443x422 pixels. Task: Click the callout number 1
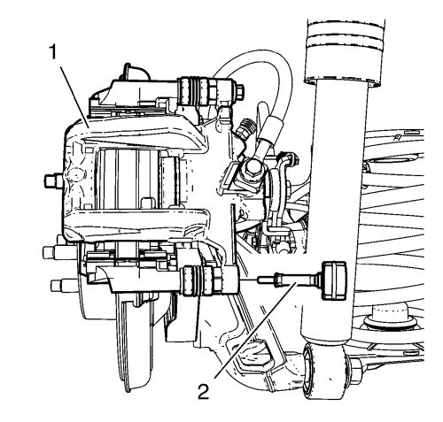[53, 52]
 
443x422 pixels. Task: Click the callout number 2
[204, 392]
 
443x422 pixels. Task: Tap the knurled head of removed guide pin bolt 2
[334, 280]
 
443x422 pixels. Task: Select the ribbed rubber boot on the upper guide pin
[193, 91]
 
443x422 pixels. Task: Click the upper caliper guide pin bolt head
[239, 91]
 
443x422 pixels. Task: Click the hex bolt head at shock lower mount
[356, 372]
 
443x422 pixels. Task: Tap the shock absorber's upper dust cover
[346, 50]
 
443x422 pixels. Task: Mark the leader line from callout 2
[254, 330]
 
